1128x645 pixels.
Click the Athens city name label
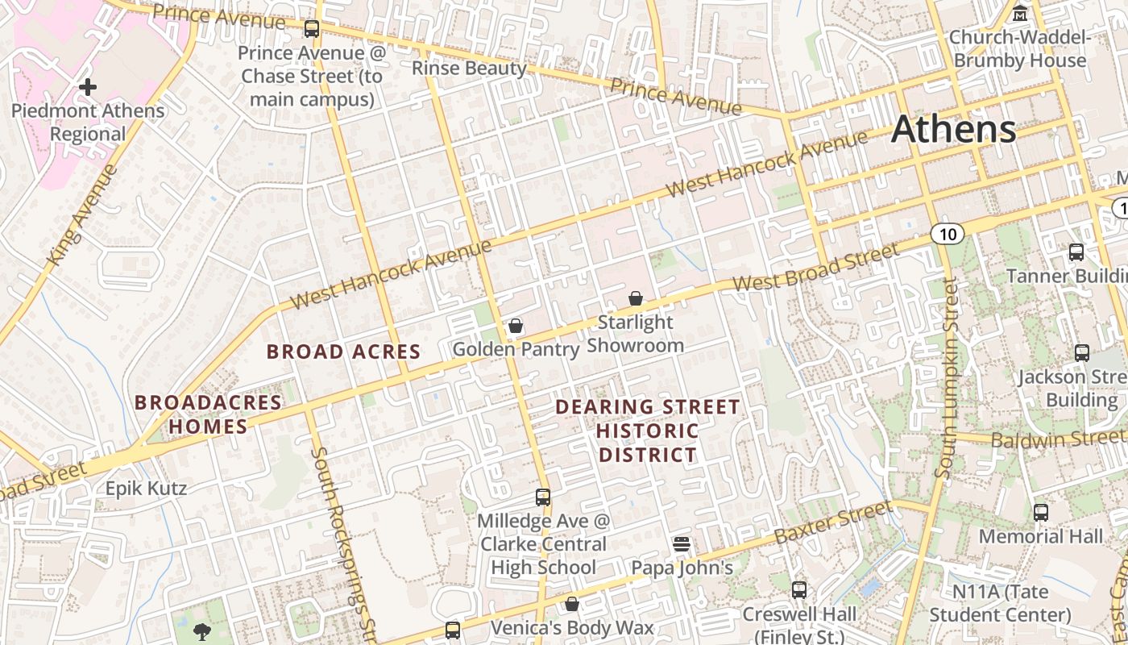(953, 129)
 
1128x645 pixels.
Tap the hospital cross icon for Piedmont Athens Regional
(88, 86)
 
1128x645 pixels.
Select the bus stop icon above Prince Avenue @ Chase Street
(312, 29)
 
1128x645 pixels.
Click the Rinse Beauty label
(468, 68)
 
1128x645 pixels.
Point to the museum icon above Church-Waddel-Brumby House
(1020, 14)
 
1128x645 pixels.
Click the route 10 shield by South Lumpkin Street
(947, 235)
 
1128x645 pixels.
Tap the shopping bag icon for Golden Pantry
(516, 326)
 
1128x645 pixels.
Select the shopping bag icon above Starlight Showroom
(636, 298)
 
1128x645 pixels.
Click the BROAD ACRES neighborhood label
(343, 352)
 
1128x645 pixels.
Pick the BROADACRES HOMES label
(208, 414)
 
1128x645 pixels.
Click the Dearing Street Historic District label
(648, 431)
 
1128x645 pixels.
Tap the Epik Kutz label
(146, 488)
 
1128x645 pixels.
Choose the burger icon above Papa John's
(682, 543)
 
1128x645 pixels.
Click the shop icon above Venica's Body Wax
(572, 604)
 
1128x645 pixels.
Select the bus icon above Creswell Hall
(799, 589)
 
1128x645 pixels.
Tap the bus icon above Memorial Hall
(1041, 512)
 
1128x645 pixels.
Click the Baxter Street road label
(832, 522)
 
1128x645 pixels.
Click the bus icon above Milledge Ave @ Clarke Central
(543, 497)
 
